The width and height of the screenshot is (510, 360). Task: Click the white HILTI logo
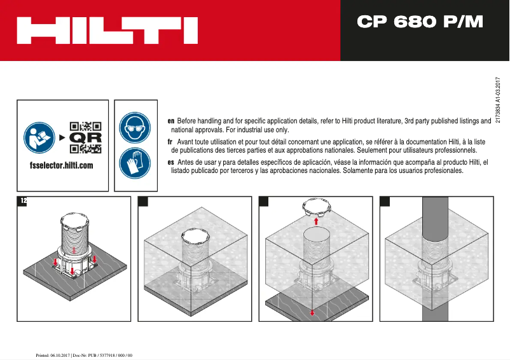pos(107,31)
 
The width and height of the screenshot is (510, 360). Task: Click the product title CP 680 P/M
pos(420,22)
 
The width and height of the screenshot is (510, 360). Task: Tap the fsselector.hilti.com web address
pos(62,165)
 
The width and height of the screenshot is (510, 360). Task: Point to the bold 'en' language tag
pos(170,121)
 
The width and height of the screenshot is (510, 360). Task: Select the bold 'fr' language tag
pos(170,142)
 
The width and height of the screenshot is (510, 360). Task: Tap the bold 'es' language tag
pos(170,163)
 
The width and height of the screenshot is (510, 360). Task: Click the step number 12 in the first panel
pos(24,201)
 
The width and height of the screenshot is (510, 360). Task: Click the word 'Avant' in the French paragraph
pos(188,142)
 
